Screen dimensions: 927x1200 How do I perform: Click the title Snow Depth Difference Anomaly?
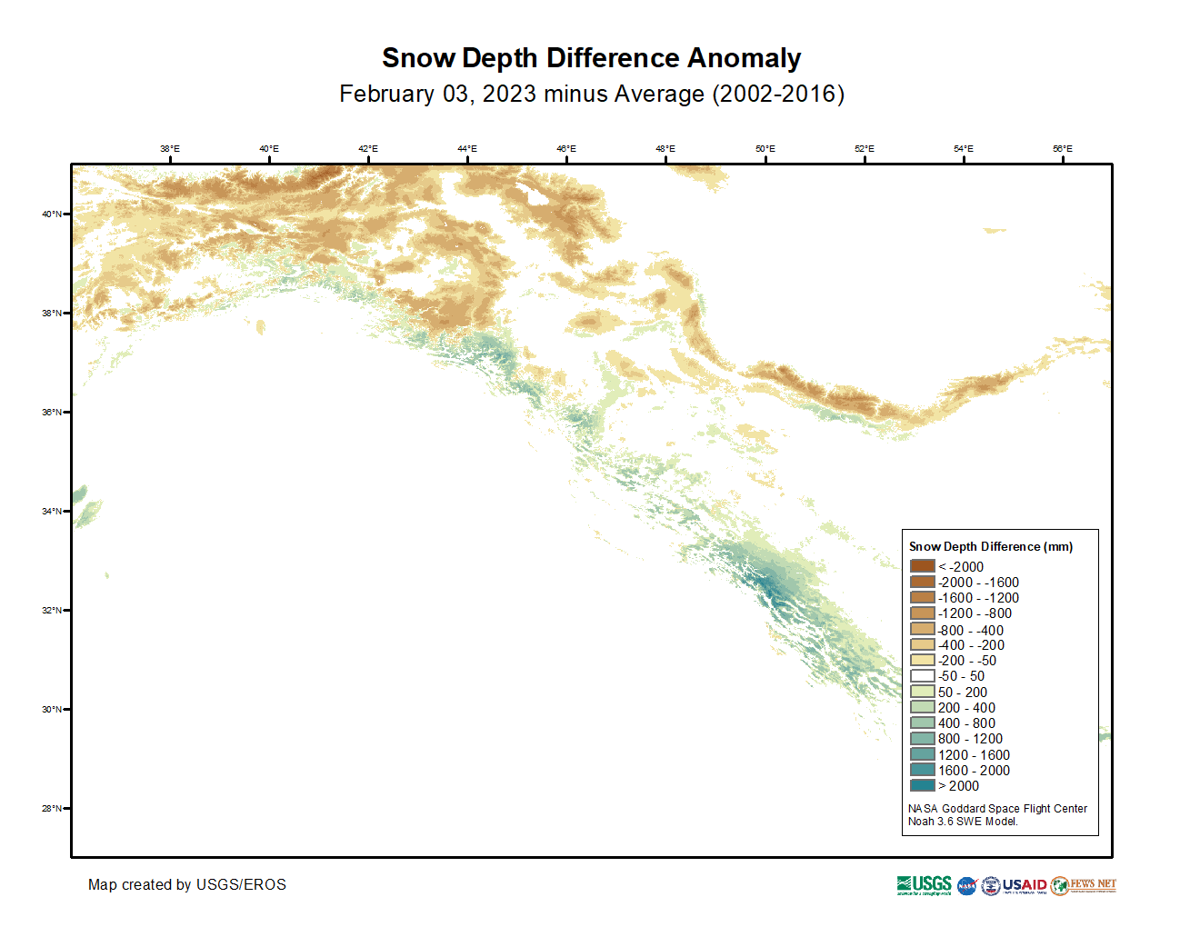(x=591, y=58)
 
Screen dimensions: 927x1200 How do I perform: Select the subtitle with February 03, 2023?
(x=591, y=95)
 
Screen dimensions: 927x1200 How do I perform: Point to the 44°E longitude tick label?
(x=466, y=149)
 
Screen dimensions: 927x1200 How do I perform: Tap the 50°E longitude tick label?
(x=765, y=149)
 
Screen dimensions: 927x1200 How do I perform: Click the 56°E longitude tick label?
(x=1062, y=149)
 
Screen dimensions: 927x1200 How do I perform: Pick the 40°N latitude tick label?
(x=51, y=214)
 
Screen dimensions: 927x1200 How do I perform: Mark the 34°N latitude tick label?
(x=51, y=512)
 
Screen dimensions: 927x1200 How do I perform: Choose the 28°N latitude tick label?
(x=51, y=809)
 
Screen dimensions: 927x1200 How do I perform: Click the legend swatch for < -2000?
(x=922, y=566)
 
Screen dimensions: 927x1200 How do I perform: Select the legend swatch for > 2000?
(x=922, y=785)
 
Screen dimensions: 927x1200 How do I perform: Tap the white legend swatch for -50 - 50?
(x=922, y=676)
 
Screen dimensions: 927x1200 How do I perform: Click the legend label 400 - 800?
(x=966, y=723)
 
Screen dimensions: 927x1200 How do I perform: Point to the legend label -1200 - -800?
(x=975, y=613)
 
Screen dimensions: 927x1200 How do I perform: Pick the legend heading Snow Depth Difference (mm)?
(x=990, y=546)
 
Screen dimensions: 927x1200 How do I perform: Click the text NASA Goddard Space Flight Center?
(x=997, y=809)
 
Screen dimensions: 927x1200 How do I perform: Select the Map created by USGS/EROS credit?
(x=186, y=885)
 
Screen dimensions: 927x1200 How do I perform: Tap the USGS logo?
(x=924, y=885)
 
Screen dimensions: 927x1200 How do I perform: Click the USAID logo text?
(x=1025, y=885)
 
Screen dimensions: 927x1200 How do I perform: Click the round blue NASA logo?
(x=966, y=886)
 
